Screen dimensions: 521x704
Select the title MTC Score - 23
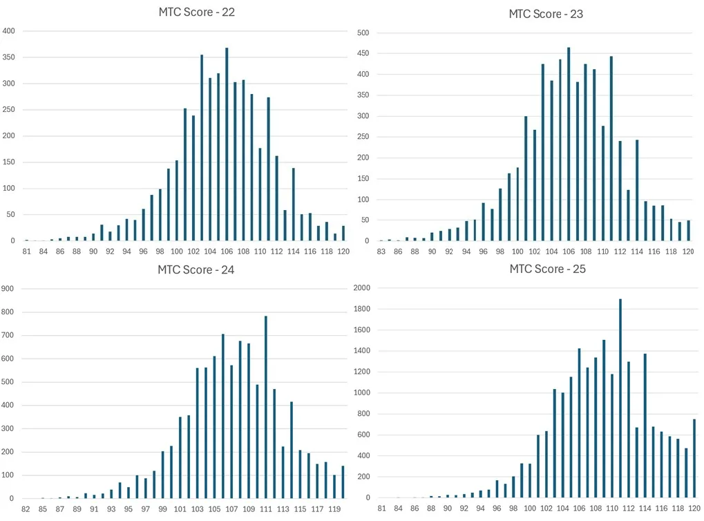click(546, 14)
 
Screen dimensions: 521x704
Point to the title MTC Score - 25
click(547, 269)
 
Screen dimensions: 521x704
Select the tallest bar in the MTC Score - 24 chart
click(265, 407)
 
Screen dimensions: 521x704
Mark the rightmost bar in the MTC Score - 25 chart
click(694, 458)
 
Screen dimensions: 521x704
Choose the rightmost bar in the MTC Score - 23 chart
click(688, 231)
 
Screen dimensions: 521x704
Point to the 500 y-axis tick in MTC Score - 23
click(363, 33)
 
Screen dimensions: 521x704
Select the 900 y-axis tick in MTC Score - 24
click(8, 290)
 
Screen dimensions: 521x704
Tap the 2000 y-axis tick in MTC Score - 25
click(362, 287)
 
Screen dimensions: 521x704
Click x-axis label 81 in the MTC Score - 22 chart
click(26, 252)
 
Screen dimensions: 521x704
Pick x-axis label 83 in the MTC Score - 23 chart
click(381, 252)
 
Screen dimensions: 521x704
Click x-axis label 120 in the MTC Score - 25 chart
click(694, 509)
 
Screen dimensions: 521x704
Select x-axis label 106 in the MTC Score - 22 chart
click(227, 252)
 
